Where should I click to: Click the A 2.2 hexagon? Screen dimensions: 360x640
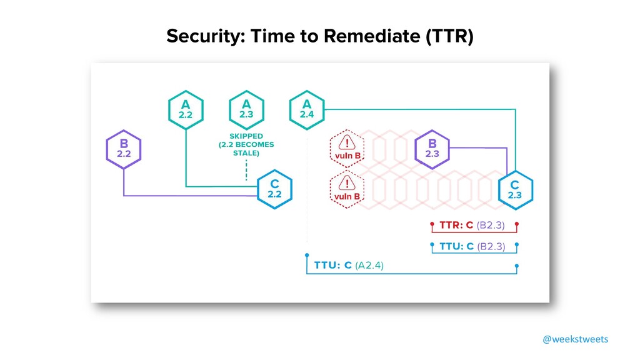pos(186,110)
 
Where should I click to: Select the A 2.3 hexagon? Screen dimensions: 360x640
pos(246,110)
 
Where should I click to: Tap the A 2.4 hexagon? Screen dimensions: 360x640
pos(307,110)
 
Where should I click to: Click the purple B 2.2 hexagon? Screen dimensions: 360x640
pos(124,149)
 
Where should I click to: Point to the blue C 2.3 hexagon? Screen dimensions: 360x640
pos(514,189)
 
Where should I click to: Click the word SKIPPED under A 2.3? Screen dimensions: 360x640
pos(246,135)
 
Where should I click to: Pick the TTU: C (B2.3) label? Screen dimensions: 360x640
pos(472,246)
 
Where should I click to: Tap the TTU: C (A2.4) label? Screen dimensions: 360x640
pos(349,265)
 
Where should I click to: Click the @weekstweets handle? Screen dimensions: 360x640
pos(575,339)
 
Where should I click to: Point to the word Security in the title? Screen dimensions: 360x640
pos(202,37)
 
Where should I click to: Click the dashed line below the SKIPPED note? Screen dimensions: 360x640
pos(246,169)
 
